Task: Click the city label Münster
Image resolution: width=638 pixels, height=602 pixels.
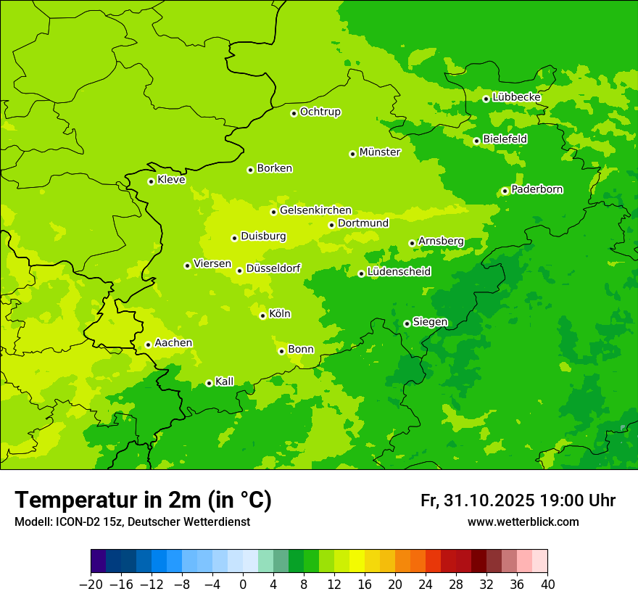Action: tap(380, 152)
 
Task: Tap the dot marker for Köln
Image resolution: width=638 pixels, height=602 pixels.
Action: tap(262, 316)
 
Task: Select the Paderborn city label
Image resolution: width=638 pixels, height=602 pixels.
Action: tap(537, 189)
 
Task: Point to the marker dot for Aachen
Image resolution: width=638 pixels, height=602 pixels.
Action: tap(148, 345)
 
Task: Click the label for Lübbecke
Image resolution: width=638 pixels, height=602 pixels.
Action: tap(516, 97)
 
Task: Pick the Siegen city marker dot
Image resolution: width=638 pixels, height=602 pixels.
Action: tap(407, 323)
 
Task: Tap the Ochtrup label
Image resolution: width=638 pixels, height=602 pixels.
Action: tap(320, 112)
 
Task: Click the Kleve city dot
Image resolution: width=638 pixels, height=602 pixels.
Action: tap(151, 181)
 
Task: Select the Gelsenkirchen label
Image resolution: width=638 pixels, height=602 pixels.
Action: tap(315, 210)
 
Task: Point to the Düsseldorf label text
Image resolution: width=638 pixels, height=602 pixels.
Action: tap(273, 268)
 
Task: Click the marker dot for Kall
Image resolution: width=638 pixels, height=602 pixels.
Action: tap(209, 383)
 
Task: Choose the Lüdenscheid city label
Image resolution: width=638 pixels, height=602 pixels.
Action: tap(399, 272)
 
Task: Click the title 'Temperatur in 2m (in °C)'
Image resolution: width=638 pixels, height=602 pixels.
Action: tap(143, 500)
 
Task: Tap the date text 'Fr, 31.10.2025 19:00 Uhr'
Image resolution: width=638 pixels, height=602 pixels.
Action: tap(518, 500)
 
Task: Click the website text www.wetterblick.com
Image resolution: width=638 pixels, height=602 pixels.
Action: tap(523, 522)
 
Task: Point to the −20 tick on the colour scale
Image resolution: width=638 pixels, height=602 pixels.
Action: tap(91, 585)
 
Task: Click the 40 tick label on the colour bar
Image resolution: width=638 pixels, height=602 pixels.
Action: tap(547, 585)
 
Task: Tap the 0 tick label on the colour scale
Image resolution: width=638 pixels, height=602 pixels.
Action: tap(244, 585)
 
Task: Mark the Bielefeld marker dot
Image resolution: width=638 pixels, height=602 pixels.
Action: tap(476, 141)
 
